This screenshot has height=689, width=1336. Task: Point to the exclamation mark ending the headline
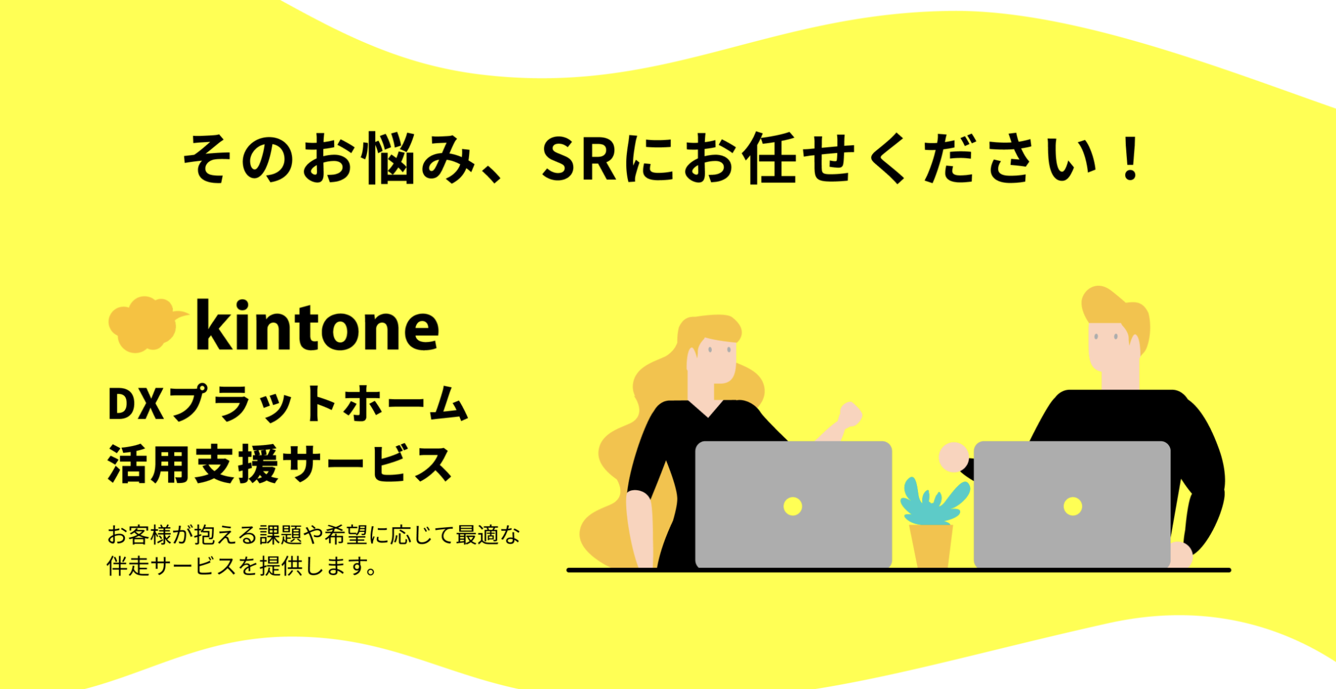(x=1131, y=158)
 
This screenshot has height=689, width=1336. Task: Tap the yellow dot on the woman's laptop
(x=793, y=506)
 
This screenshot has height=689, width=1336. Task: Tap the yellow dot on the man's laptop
(x=1072, y=506)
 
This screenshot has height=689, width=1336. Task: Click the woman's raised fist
(x=850, y=415)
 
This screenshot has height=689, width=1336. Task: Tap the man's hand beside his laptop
(x=953, y=457)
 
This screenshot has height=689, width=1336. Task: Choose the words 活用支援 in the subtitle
(x=193, y=464)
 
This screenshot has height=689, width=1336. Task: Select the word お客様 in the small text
(x=139, y=535)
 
